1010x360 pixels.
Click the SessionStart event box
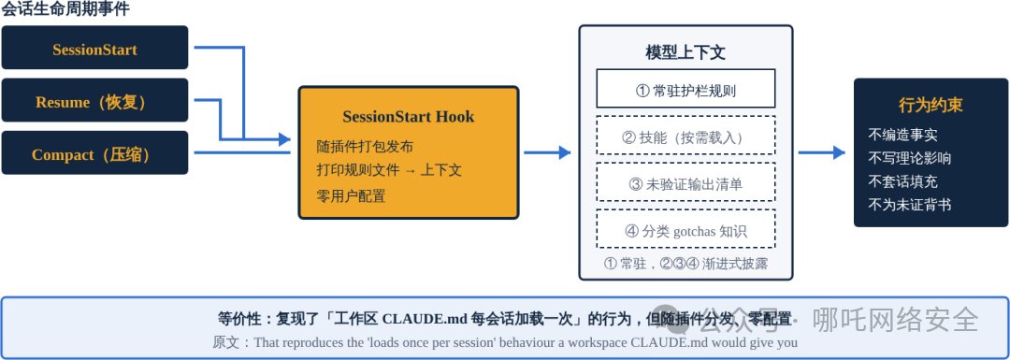[x=94, y=47]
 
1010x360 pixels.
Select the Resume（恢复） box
[x=94, y=100]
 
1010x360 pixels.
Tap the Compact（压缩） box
[x=94, y=152]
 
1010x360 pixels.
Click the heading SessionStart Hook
[x=409, y=117]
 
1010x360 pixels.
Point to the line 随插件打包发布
[x=365, y=146]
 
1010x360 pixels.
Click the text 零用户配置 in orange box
[x=351, y=195]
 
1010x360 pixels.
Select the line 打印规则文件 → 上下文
[x=389, y=171]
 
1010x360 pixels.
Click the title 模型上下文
[x=685, y=52]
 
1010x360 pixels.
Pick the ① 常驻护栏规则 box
[x=685, y=88]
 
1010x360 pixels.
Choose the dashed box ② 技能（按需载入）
[x=685, y=136]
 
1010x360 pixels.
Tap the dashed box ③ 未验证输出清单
[x=685, y=182]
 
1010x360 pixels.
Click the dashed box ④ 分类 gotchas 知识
[x=685, y=228]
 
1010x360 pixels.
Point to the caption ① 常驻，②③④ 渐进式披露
[x=685, y=264]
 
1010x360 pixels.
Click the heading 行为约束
[x=931, y=106]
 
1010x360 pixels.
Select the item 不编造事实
[x=902, y=136]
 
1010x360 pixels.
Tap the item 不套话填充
[x=902, y=181]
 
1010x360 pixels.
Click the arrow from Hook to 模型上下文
[x=547, y=152]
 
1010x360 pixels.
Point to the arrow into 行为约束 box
[x=821, y=152]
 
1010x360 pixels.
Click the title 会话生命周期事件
[x=65, y=9]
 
